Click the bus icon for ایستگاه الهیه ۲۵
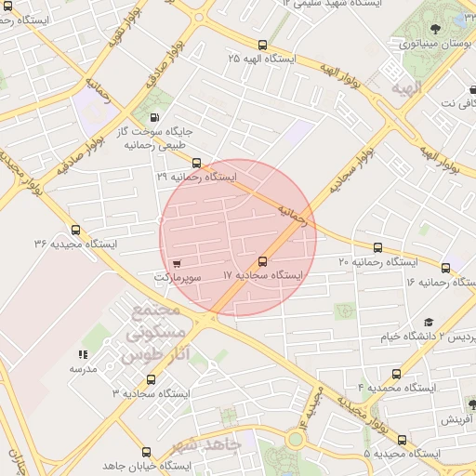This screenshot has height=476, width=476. (262, 44)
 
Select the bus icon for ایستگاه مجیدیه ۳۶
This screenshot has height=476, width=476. (75, 230)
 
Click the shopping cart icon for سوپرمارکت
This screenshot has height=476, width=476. (177, 262)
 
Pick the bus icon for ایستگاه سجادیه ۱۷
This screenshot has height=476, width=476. (262, 261)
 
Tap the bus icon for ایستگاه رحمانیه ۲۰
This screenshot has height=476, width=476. (377, 247)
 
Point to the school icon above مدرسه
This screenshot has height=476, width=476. (83, 354)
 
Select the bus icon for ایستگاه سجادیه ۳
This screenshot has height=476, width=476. (152, 379)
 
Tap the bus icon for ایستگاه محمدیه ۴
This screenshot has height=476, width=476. (397, 373)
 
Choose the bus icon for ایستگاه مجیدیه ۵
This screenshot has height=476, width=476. (402, 440)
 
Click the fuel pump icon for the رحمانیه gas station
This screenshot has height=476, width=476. (153, 118)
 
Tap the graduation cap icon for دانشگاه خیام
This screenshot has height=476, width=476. (429, 322)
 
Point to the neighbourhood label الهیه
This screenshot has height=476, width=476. (406, 87)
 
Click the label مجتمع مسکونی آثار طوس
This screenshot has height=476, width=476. (154, 332)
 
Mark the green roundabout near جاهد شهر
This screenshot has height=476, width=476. (296, 438)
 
